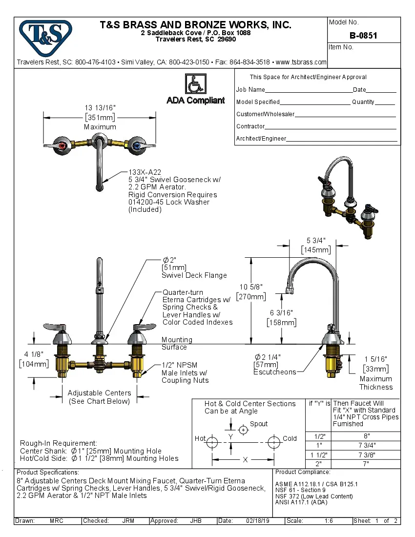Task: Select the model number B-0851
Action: tap(363, 36)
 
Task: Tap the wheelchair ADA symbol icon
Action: tap(195, 84)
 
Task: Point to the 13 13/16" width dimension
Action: tap(100, 108)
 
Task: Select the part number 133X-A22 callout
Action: tap(145, 172)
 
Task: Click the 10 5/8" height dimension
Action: tap(251, 287)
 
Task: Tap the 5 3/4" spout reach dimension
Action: tap(316, 240)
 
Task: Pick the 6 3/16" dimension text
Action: tap(282, 313)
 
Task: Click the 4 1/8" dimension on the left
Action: tap(34, 354)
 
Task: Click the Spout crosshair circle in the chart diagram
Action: tap(243, 430)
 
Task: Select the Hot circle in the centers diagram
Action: tap(212, 442)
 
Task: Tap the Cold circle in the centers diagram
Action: tap(274, 442)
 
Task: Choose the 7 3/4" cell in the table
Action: tap(366, 445)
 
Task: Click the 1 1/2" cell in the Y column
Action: tap(319, 454)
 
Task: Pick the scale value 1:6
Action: tap(329, 521)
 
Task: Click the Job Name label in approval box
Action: tap(250, 90)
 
